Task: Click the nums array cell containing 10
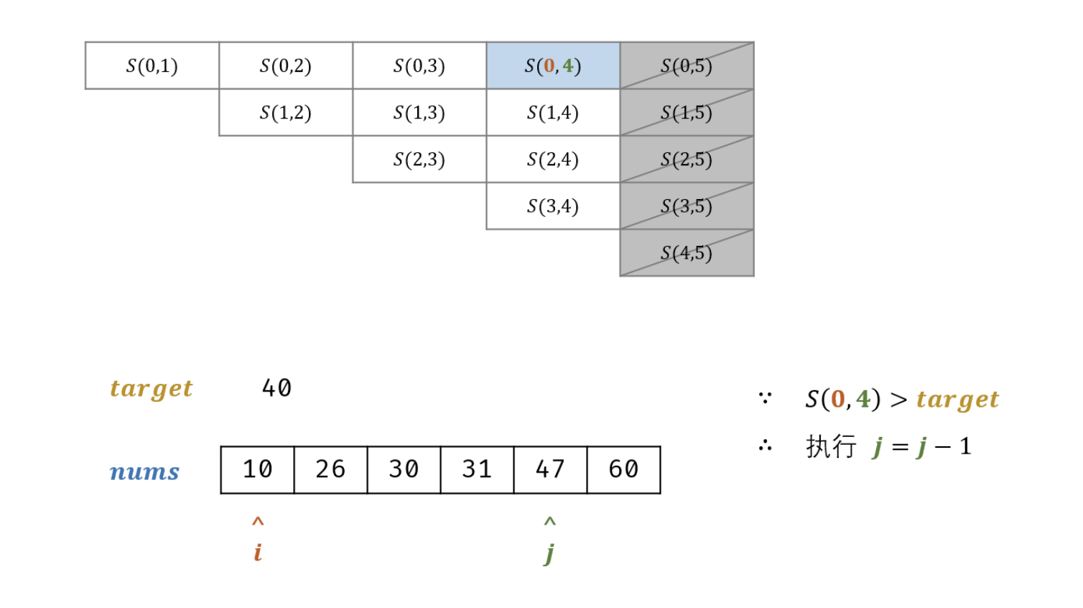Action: click(x=257, y=470)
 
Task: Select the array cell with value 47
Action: click(x=550, y=470)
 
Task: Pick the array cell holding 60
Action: click(x=623, y=470)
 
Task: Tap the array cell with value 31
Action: click(x=477, y=470)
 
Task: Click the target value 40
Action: click(x=276, y=389)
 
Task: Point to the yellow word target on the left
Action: click(x=152, y=389)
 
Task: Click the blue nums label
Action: click(x=144, y=471)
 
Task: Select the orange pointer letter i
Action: click(x=258, y=552)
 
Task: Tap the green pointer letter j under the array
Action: click(x=549, y=553)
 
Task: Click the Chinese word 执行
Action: click(x=831, y=446)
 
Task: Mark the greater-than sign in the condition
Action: click(x=898, y=400)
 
